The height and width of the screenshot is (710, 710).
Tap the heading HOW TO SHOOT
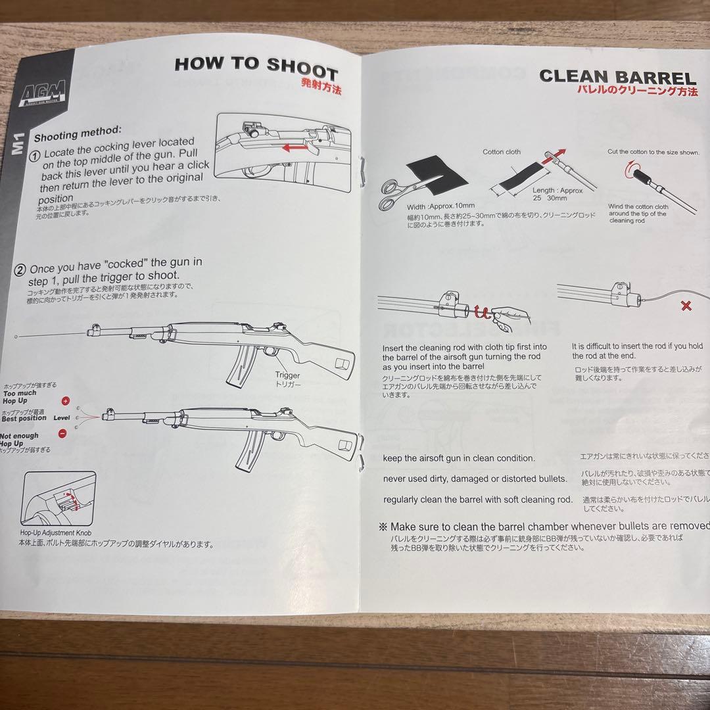click(256, 66)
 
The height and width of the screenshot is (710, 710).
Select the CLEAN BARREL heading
click(617, 77)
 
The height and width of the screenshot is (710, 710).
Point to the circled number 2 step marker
click(20, 270)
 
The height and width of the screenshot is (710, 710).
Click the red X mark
click(686, 306)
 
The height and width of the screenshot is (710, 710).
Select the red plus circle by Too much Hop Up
click(65, 400)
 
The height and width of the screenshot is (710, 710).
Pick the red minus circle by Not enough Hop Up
click(62, 433)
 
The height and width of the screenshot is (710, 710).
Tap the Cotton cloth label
click(502, 152)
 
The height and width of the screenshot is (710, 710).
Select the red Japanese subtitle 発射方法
click(321, 86)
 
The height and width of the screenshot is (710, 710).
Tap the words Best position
click(24, 418)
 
